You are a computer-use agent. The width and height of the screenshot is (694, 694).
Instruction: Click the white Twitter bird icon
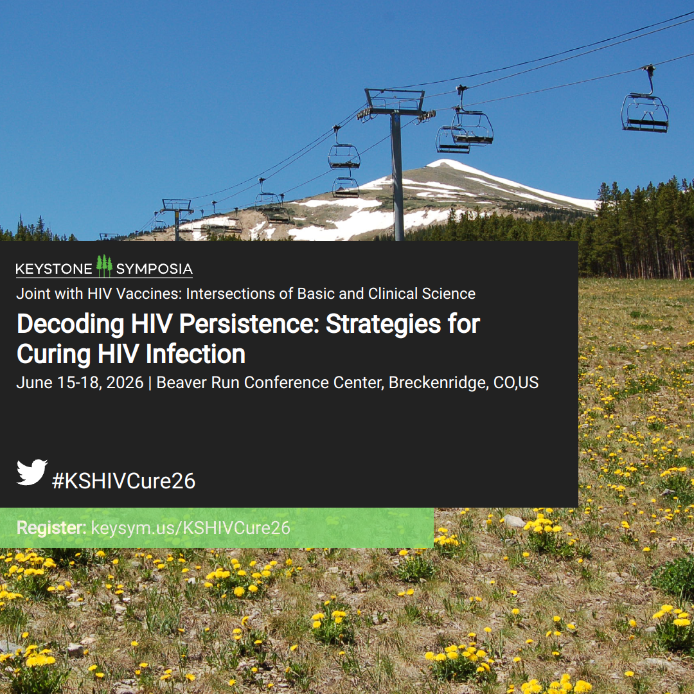click(32, 472)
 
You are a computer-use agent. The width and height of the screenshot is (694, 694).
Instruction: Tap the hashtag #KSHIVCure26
click(123, 481)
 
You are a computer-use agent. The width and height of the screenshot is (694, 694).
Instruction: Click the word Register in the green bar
click(51, 528)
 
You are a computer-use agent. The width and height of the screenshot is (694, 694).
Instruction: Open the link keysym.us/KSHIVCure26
click(190, 528)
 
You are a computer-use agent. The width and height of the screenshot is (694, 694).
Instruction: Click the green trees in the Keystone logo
click(105, 265)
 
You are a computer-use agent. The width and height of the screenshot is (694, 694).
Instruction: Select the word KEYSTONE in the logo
click(54, 269)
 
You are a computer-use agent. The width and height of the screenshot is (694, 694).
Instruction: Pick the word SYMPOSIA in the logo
click(154, 269)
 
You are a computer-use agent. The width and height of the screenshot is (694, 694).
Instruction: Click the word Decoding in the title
click(71, 325)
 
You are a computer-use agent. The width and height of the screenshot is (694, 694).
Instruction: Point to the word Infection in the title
click(195, 355)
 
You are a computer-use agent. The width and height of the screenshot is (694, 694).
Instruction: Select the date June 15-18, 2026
click(80, 383)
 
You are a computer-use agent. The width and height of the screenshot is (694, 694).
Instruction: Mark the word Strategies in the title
click(383, 325)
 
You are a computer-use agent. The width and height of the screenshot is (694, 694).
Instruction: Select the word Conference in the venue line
click(314, 383)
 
